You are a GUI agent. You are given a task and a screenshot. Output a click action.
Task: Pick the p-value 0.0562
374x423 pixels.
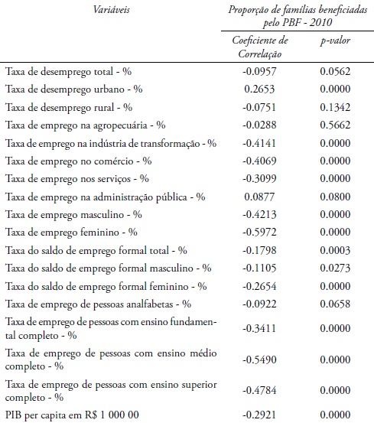[334, 71]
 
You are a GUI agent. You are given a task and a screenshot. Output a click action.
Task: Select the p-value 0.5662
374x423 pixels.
[334, 125]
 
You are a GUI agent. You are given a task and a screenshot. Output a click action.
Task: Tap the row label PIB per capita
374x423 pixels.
[63, 414]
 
